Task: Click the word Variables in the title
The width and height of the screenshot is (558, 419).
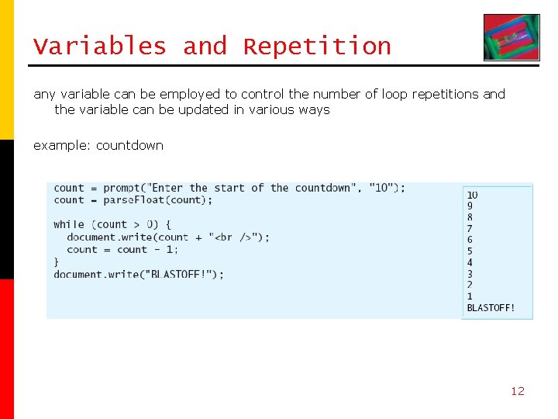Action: pyautogui.click(x=100, y=47)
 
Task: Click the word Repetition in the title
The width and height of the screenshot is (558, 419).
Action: pyautogui.click(x=317, y=47)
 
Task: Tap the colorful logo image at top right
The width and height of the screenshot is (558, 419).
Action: pyautogui.click(x=511, y=37)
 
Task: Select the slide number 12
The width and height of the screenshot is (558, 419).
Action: pyautogui.click(x=517, y=391)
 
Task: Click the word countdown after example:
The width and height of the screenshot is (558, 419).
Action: pyautogui.click(x=129, y=145)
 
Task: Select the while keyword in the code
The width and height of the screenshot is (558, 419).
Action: pyautogui.click(x=69, y=224)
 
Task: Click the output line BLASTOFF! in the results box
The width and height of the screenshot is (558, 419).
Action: pyautogui.click(x=491, y=307)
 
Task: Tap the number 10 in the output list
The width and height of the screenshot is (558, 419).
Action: pyautogui.click(x=472, y=195)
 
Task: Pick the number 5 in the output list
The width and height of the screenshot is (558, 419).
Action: pyautogui.click(x=470, y=251)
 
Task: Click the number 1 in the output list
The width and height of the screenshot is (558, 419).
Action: pyautogui.click(x=470, y=296)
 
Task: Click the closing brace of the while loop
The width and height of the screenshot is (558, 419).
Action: pyautogui.click(x=57, y=262)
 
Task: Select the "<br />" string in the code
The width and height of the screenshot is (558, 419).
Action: pyautogui.click(x=235, y=237)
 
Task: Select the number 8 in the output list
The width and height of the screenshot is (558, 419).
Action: pyautogui.click(x=470, y=217)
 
